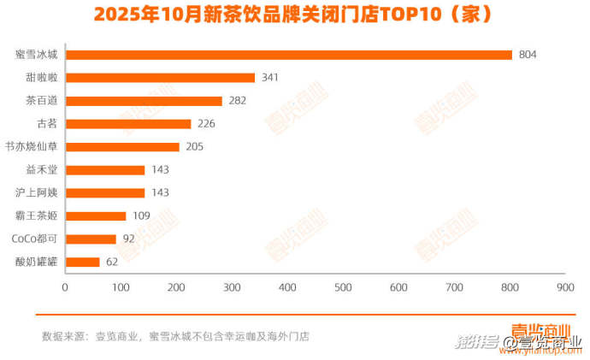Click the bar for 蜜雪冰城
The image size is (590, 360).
click(289, 55)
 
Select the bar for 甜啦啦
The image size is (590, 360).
click(160, 78)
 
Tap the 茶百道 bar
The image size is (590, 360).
click(144, 101)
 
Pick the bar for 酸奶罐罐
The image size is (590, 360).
click(82, 262)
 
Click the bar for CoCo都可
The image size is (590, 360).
click(91, 239)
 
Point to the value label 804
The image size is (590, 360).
click(528, 55)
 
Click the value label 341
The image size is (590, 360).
click(270, 78)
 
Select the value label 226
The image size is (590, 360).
click(206, 124)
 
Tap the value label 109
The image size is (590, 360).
click(141, 215)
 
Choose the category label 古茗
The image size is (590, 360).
click(47, 124)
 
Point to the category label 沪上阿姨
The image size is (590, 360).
click(36, 192)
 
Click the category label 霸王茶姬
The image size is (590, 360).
click(36, 215)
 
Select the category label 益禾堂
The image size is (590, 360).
click(42, 169)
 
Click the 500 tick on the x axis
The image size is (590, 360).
click(343, 287)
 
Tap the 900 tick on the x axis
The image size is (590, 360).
click(564, 287)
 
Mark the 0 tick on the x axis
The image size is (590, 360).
click(65, 287)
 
